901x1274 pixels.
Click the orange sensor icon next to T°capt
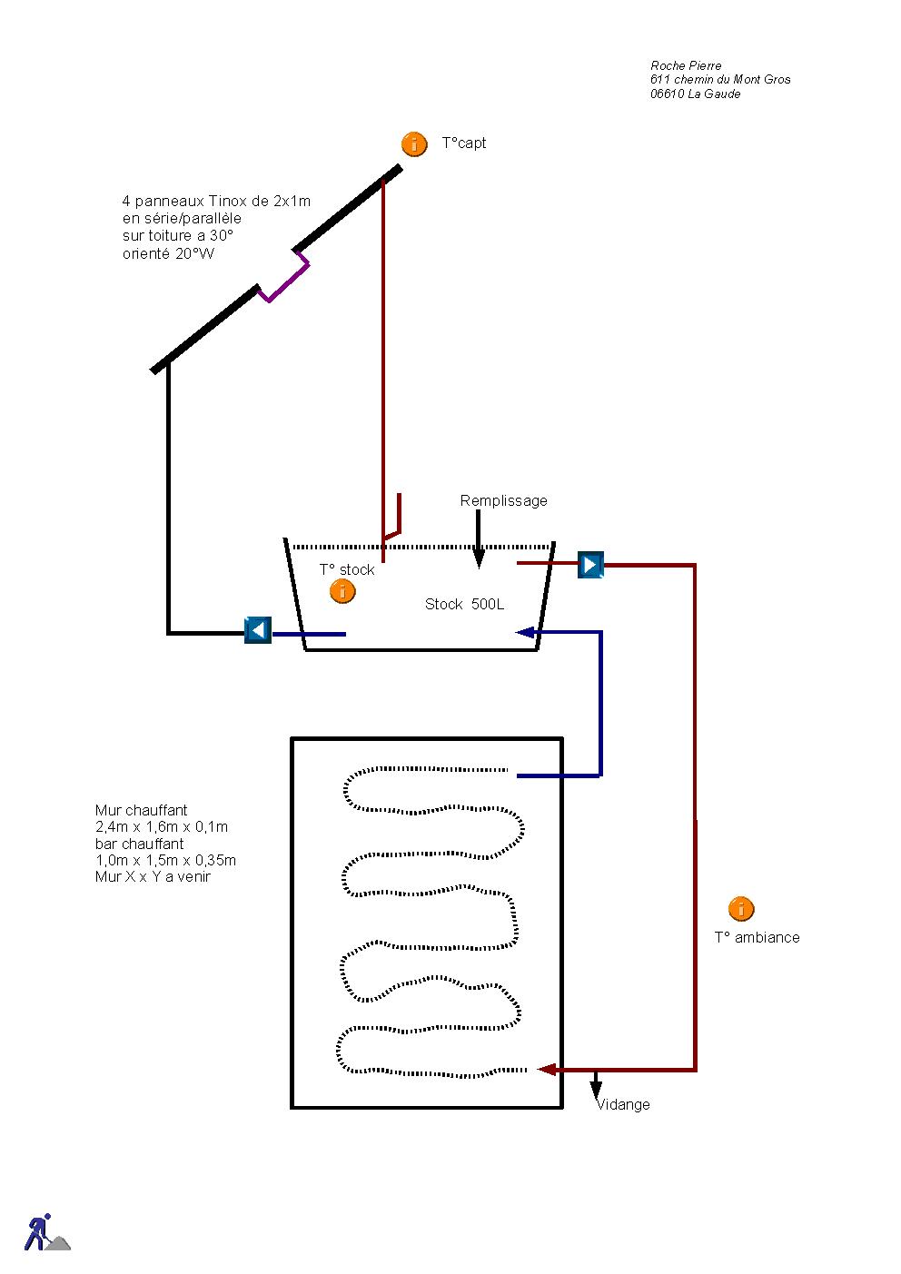pos(414,143)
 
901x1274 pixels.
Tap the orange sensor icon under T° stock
pos(342,591)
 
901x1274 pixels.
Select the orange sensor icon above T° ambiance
pos(741,908)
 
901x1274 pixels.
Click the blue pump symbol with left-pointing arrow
pos(258,630)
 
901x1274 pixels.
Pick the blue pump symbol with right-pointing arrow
pos(590,565)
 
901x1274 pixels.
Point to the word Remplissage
pos(503,500)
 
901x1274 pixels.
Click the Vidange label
pos(623,1104)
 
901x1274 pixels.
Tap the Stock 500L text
pos(464,604)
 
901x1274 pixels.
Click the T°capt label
pos(464,143)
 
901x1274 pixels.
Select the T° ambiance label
pos(757,937)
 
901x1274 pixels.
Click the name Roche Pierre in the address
pos(686,65)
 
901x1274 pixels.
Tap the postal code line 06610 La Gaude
pos(695,94)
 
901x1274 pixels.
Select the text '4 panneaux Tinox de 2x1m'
pos(216,201)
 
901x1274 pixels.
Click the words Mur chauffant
pos(141,810)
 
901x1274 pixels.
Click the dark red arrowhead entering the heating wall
pos(547,1070)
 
